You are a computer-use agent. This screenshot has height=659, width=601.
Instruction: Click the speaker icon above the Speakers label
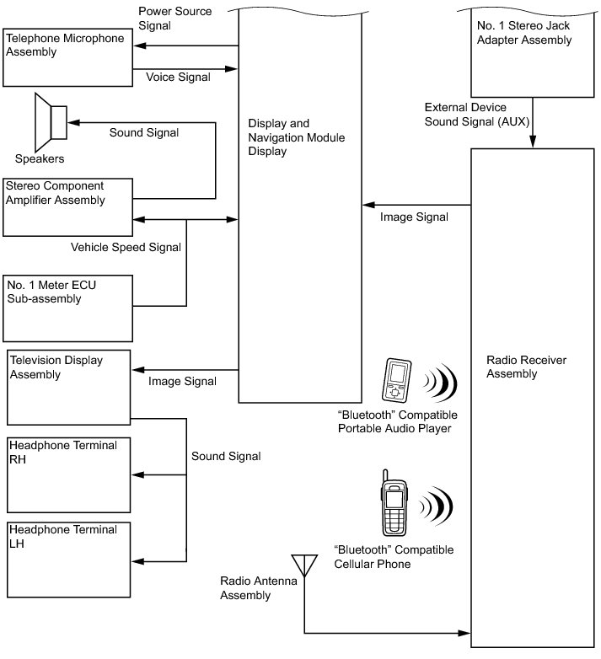pos(51,122)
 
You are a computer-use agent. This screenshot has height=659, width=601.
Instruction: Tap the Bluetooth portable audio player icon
pos(396,381)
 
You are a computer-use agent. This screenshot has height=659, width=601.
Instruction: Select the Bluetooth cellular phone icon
pos(394,503)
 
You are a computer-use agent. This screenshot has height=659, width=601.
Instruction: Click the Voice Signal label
pos(178,77)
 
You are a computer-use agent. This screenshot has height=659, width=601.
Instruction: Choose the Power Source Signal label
pos(174,18)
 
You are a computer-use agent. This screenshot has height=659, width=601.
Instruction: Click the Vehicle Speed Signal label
pos(126,247)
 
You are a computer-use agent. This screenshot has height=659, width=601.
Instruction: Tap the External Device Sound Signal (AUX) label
pos(476,115)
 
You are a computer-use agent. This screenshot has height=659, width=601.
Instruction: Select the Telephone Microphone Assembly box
pos(67,57)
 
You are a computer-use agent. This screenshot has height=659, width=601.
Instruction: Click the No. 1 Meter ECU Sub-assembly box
pos(67,308)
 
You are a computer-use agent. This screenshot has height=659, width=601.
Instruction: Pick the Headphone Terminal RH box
pos(69,475)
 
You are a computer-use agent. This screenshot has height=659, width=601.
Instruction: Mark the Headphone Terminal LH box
pos(69,560)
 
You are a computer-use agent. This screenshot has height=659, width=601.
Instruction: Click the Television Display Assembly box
pos(69,388)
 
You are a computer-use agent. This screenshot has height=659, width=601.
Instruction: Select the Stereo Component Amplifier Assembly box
pos(67,207)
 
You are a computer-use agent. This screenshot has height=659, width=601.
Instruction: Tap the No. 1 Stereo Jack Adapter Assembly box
pos(533,52)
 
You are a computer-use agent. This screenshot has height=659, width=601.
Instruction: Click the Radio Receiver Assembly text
pos(526,367)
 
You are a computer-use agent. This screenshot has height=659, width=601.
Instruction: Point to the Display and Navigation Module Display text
pos(297,137)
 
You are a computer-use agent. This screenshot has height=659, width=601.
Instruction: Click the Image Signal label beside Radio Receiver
pos(414,217)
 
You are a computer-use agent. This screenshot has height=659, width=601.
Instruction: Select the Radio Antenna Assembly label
pos(259,587)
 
